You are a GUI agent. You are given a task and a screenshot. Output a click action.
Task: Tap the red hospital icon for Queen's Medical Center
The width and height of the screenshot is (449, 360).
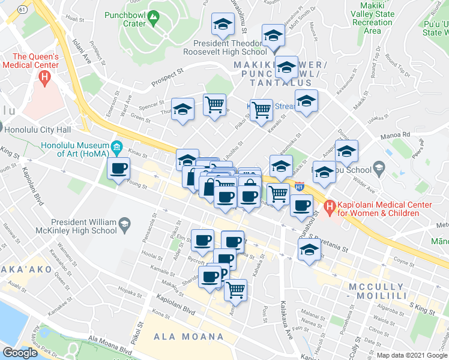point(44,77)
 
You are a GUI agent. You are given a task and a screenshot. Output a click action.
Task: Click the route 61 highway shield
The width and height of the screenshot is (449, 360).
point(22,10)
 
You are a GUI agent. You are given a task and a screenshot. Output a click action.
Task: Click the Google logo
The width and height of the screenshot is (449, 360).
point(20,353)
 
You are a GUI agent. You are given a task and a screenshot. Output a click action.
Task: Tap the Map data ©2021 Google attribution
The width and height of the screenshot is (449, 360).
point(412,355)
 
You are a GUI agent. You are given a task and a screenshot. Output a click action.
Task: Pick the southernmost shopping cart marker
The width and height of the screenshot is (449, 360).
point(236,290)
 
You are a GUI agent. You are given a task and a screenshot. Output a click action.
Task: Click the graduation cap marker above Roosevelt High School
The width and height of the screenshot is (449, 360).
point(223,25)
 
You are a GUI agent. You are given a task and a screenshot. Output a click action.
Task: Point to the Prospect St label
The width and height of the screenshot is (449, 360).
point(167,76)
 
